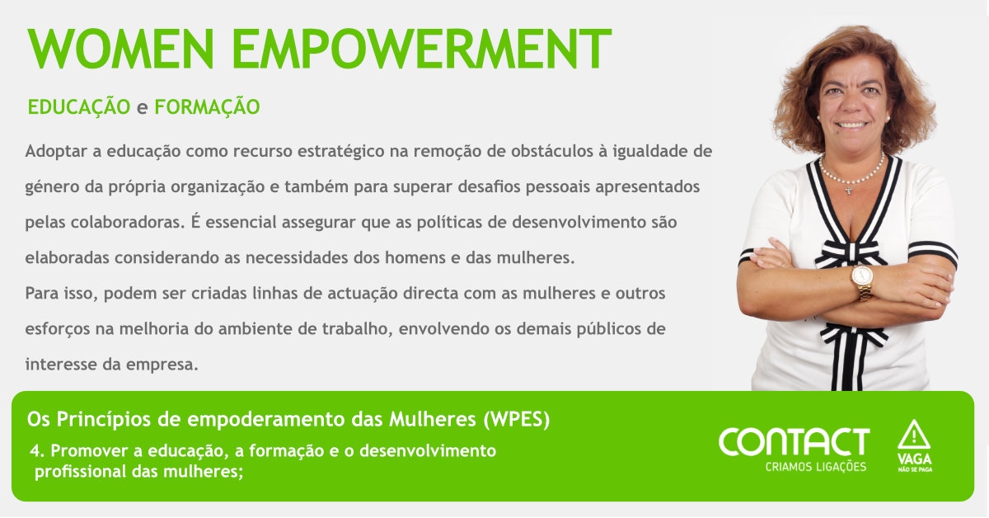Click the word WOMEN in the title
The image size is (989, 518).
121,49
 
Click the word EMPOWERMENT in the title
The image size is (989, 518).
422,49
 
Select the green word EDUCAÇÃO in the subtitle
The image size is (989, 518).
79,106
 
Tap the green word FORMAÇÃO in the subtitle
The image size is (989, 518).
207,106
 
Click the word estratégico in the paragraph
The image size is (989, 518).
341,152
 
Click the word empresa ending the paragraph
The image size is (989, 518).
162,365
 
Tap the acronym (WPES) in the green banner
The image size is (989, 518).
517,419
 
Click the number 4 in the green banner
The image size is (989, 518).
35,451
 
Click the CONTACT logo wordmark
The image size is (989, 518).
794,441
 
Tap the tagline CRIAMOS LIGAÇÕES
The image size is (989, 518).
816,467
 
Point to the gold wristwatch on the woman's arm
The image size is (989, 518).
862,281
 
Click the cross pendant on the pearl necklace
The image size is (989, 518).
848,190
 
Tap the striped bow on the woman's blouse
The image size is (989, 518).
849,254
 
